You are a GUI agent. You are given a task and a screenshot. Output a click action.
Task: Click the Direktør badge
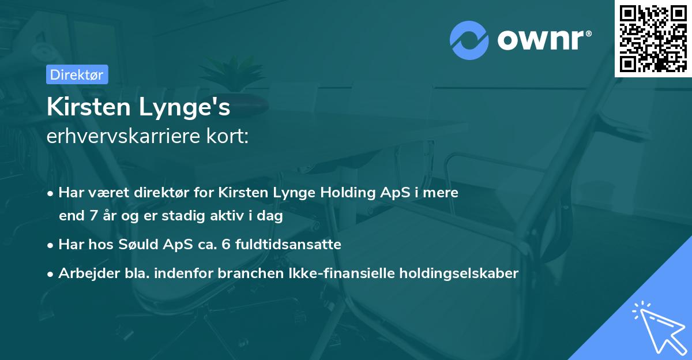77,74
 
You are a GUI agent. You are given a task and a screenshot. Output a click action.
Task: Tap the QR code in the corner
653,38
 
